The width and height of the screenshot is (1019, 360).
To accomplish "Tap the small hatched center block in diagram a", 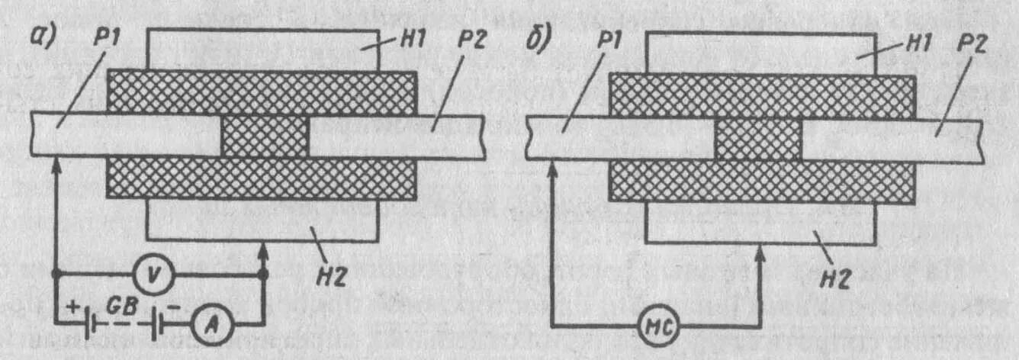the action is pos(265,137).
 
